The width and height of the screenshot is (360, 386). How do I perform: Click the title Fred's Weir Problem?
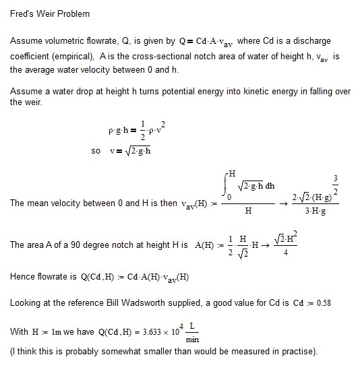[x=49, y=13]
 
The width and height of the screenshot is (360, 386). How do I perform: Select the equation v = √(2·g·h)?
[x=130, y=150]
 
